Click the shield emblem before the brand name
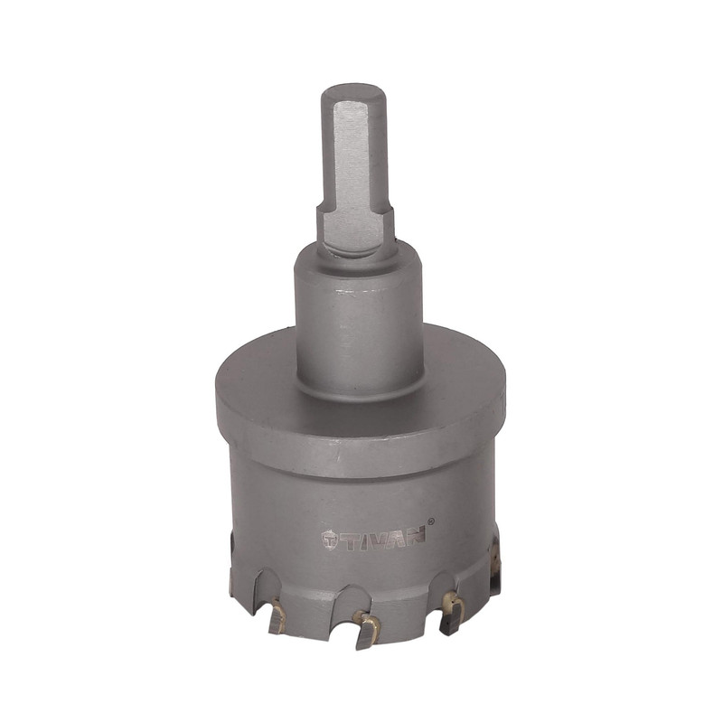pos(330,538)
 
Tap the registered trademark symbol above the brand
pos(431,521)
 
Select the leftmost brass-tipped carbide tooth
pos(277,617)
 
